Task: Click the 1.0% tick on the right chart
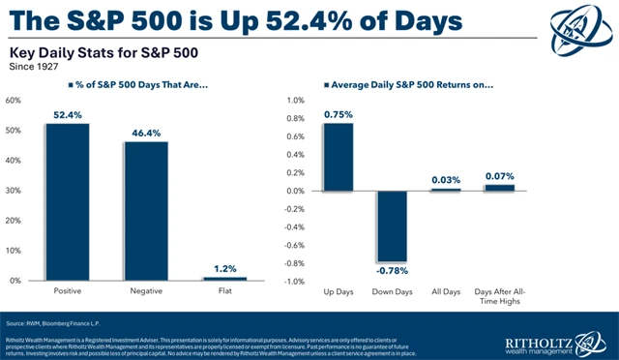[x=292, y=100]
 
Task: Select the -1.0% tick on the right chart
[x=290, y=281]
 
